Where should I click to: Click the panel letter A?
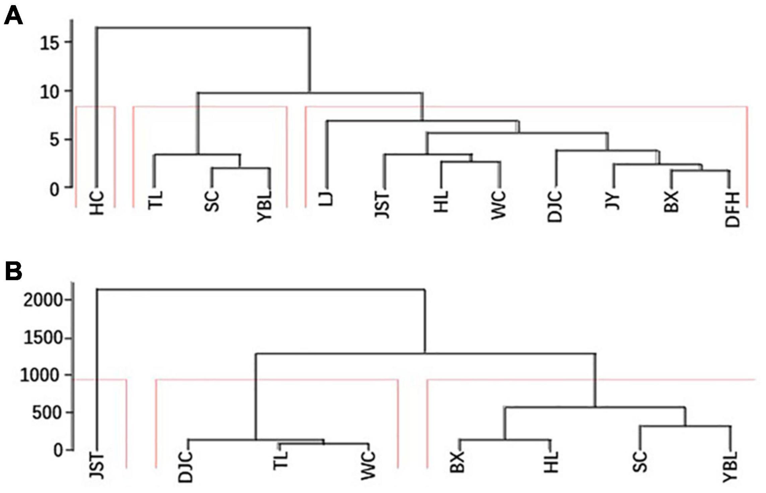click(13, 16)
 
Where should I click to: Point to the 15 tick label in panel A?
click(50, 43)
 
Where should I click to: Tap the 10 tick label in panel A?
click(50, 92)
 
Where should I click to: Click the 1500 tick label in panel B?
click(43, 338)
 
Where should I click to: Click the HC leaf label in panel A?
click(97, 203)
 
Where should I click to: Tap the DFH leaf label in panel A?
click(732, 210)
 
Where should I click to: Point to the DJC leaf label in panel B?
click(186, 467)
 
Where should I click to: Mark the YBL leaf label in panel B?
click(730, 467)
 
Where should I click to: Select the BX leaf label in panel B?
click(457, 462)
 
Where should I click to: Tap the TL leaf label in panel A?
click(155, 200)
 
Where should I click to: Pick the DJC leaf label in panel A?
click(555, 206)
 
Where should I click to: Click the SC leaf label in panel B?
click(640, 462)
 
